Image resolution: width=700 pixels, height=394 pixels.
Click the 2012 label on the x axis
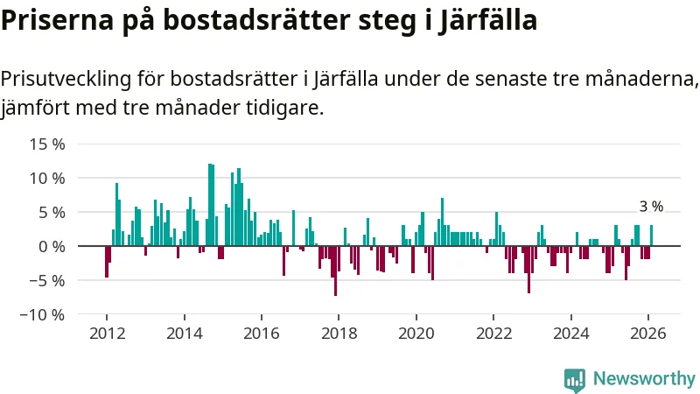coord(107,333)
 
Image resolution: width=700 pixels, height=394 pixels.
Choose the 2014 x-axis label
coord(184,333)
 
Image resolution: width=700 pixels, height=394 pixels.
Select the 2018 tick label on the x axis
coord(339,333)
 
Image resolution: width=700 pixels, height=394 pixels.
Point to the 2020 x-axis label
coord(416,333)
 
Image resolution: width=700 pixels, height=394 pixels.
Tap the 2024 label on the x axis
coord(570,333)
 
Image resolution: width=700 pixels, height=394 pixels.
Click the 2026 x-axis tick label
coord(648,333)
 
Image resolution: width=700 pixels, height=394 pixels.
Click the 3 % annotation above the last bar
coord(651,208)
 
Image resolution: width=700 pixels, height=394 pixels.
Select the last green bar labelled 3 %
coord(651,236)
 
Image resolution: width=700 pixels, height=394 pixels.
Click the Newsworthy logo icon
coord(575,379)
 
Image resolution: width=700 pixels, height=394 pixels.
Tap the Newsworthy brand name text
coord(644,379)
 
